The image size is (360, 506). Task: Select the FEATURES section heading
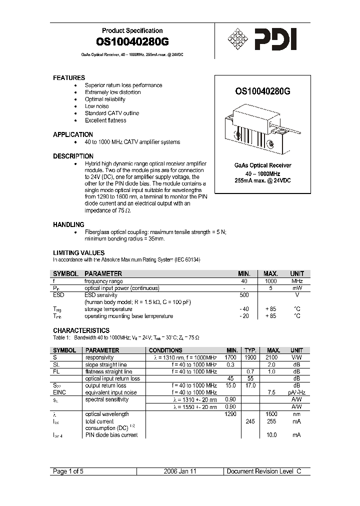69,78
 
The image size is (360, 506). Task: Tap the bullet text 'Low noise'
96,106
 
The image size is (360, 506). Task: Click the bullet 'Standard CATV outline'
112,113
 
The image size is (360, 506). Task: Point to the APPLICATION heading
73,134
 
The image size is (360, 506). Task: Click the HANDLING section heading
68,225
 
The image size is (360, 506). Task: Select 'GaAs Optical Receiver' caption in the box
263,165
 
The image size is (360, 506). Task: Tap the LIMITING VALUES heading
79,253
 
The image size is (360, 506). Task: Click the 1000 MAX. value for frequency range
270,281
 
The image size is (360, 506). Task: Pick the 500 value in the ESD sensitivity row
243,295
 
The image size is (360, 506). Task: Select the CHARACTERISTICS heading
81,330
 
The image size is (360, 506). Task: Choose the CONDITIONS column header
165,350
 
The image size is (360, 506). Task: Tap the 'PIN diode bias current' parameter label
111,435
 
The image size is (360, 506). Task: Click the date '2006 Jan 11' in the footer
180,471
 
